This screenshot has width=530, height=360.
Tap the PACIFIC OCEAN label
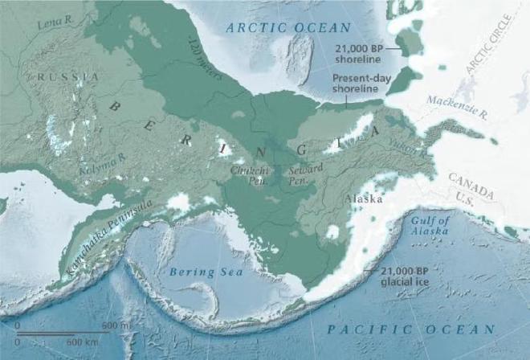coord(411,329)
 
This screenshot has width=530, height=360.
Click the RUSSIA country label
coord(67,76)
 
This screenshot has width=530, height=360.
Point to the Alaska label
coord(363,198)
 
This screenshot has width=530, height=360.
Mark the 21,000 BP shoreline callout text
coord(359,52)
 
